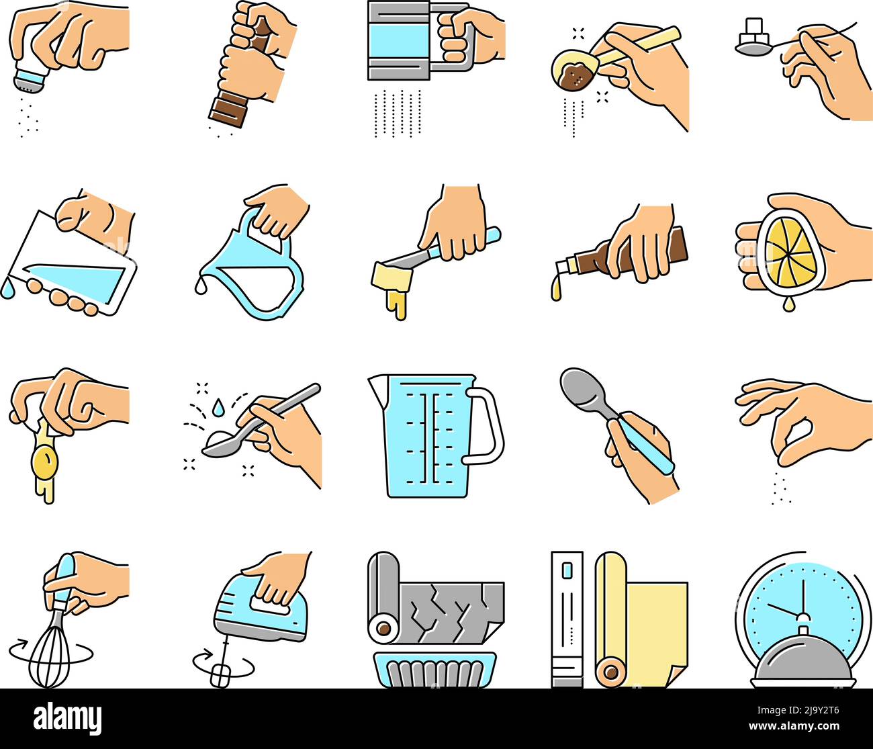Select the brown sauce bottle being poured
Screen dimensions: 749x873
[x=625, y=252]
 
